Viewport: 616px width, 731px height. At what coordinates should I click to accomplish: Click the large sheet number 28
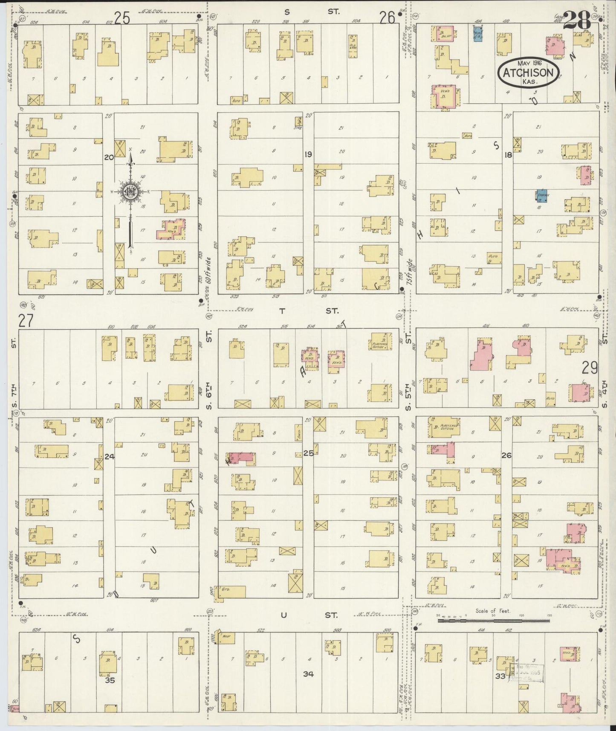point(577,20)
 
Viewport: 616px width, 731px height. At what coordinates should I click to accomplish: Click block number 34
point(308,674)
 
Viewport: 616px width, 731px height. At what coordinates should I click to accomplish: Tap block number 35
point(110,680)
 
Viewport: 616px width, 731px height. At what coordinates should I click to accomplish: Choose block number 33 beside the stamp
point(500,676)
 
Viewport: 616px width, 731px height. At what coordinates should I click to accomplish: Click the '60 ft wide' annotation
point(208,270)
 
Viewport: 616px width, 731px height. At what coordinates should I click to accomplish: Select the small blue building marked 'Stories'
point(542,195)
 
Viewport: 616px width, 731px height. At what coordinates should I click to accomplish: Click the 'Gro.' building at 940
point(230,592)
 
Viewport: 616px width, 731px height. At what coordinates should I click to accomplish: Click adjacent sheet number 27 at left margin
point(26,320)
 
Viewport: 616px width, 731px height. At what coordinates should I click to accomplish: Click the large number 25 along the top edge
point(122,18)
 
